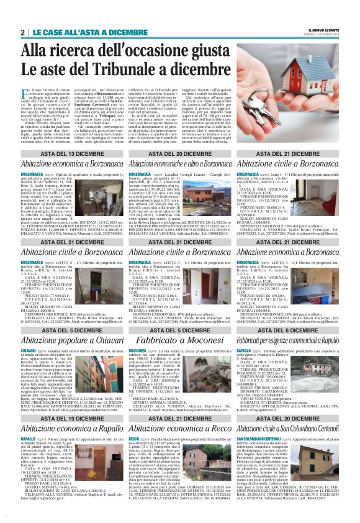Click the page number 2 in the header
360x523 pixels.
22,32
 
